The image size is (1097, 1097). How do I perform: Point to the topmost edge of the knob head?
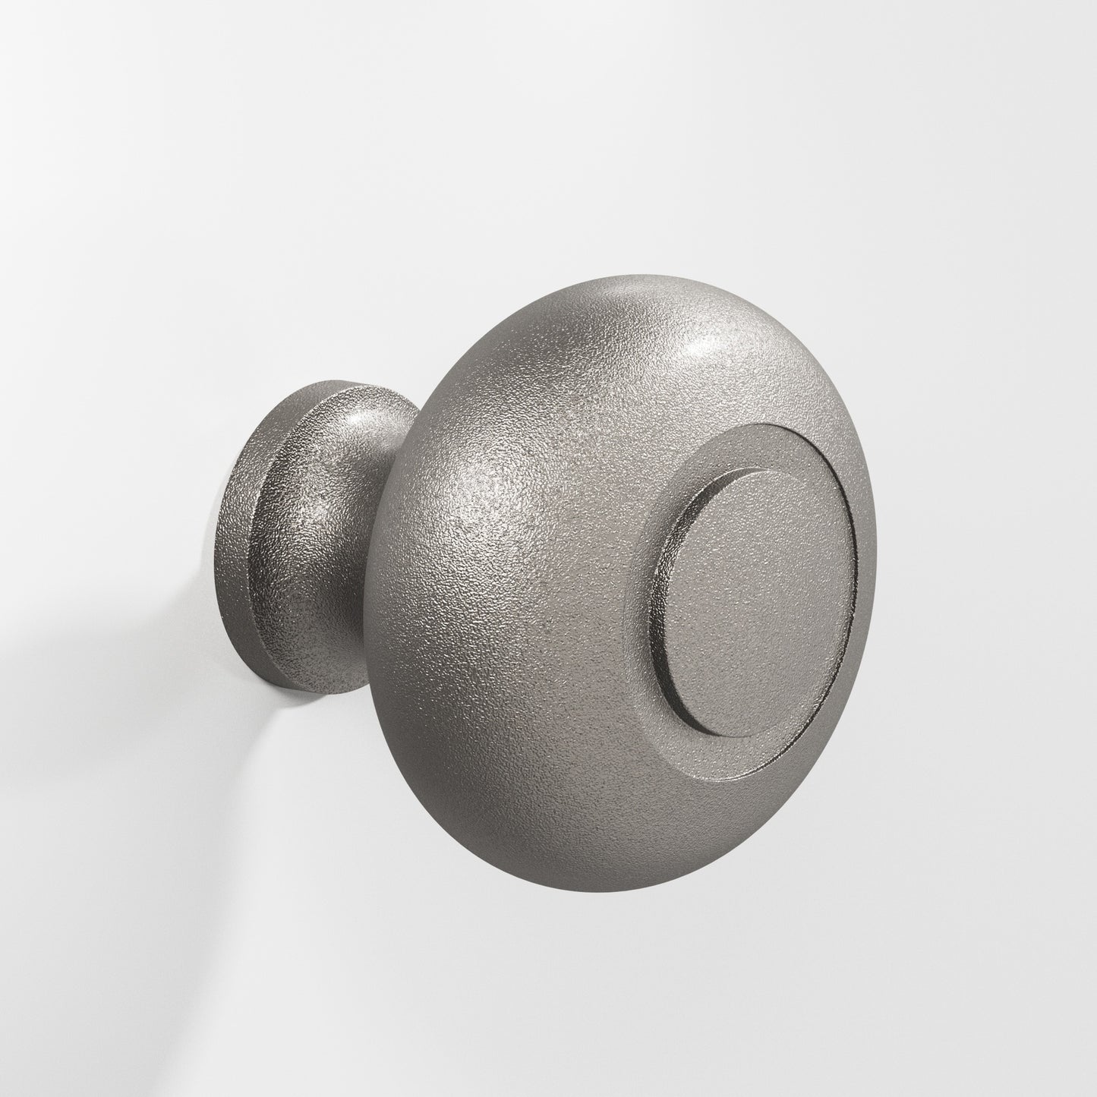pyautogui.click(x=607, y=275)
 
